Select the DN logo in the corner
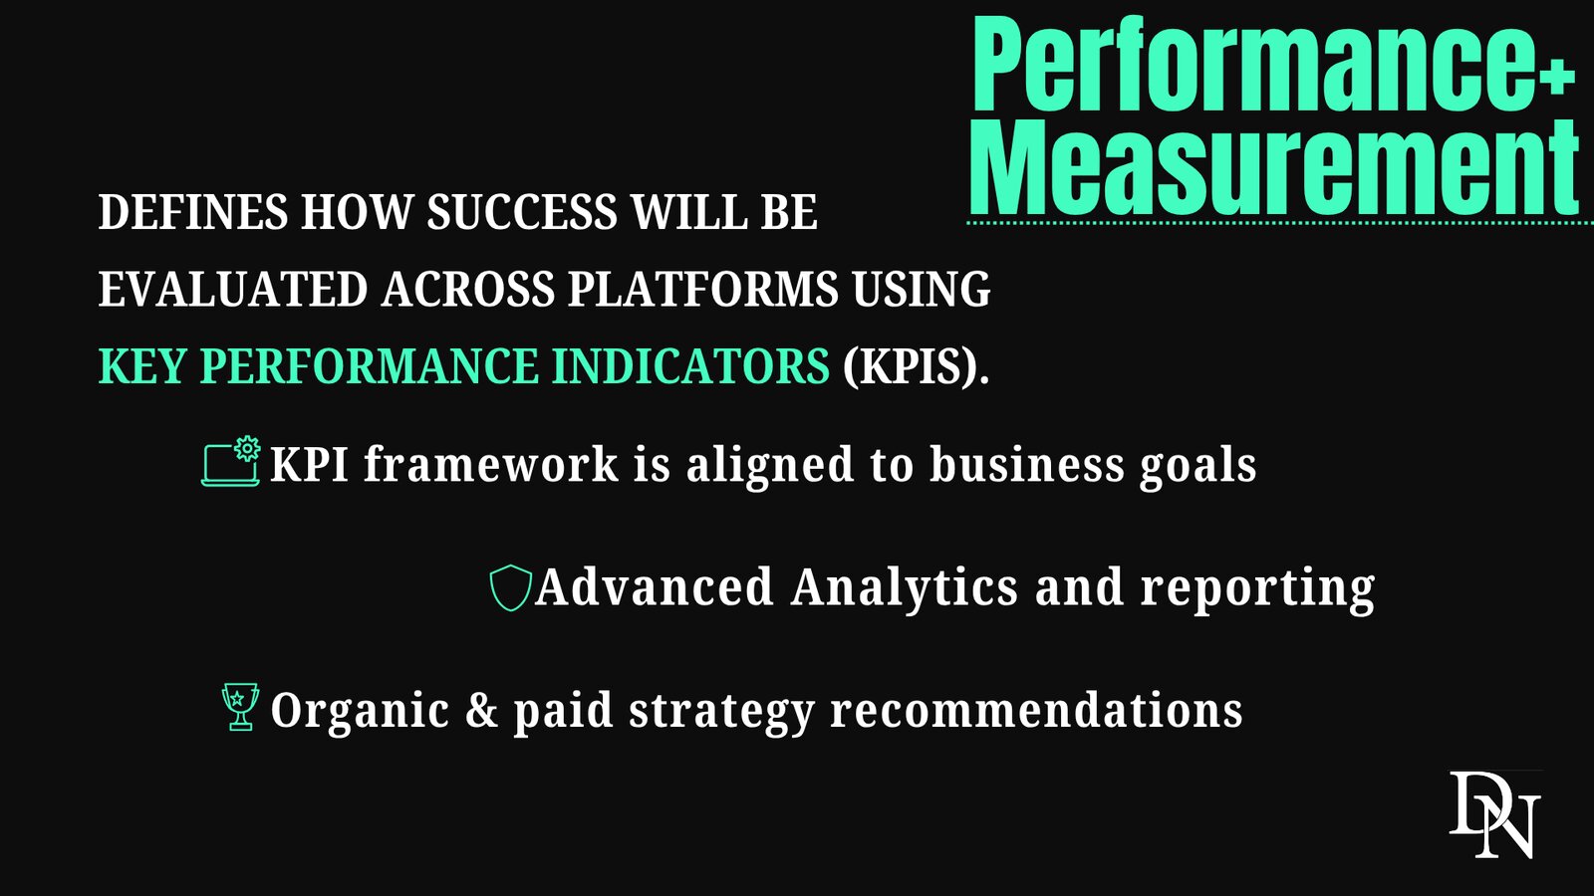click(x=1495, y=814)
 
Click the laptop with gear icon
click(x=231, y=462)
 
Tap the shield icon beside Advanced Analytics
click(x=511, y=588)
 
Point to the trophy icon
click(x=240, y=707)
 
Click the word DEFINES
click(x=193, y=212)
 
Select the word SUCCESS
click(x=522, y=212)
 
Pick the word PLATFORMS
click(x=702, y=289)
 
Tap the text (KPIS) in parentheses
click(x=916, y=367)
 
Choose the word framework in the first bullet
click(x=491, y=464)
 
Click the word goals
click(x=1198, y=467)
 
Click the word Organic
click(x=360, y=712)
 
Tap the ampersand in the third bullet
click(x=482, y=710)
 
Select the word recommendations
click(x=1036, y=710)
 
